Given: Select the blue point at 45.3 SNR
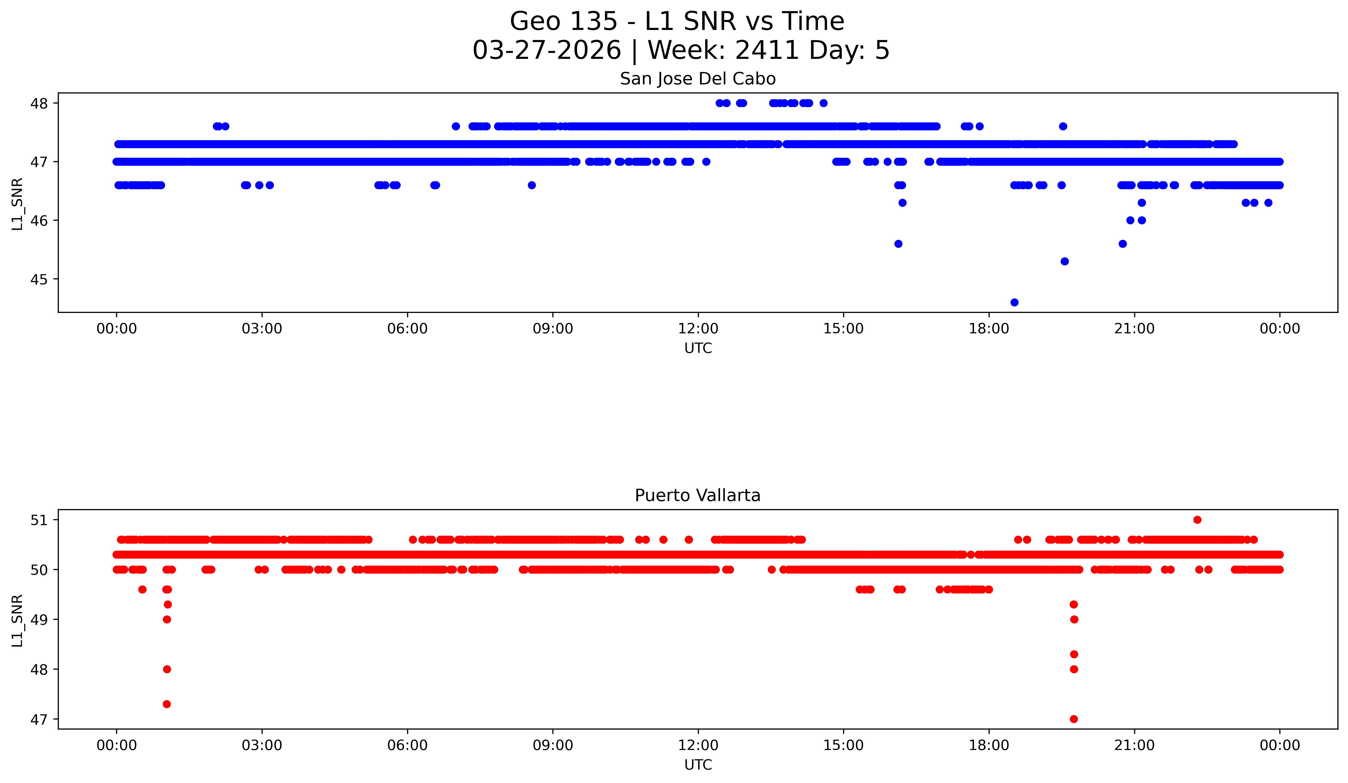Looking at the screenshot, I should pyautogui.click(x=1064, y=261).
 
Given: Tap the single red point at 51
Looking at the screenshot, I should pyautogui.click(x=1197, y=520).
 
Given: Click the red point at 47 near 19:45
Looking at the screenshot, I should pyautogui.click(x=1073, y=719).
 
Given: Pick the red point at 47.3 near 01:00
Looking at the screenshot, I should pyautogui.click(x=167, y=704).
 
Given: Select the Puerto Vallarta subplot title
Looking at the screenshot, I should pyautogui.click(x=698, y=496).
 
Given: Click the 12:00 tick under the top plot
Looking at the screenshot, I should pyautogui.click(x=698, y=329).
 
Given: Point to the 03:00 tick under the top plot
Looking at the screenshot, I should pyautogui.click(x=262, y=329).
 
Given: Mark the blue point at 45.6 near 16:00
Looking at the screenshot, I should pyautogui.click(x=898, y=243).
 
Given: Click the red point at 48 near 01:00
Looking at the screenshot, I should pyautogui.click(x=167, y=669).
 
